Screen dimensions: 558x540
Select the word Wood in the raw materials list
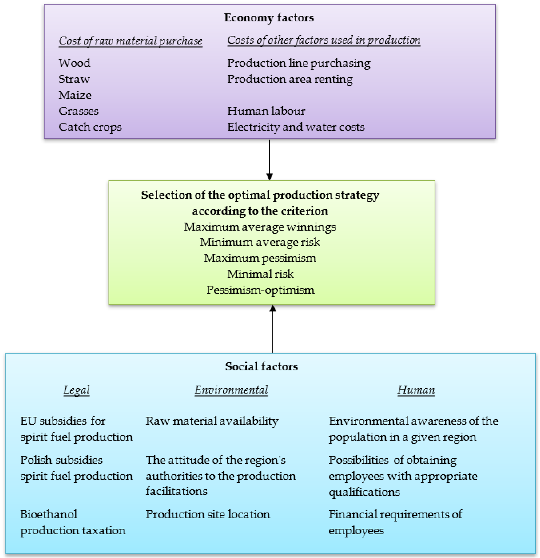pos(74,63)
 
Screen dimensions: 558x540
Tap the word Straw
pos(74,79)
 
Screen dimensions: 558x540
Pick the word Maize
pos(75,95)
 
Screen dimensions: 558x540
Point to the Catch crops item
pos(90,127)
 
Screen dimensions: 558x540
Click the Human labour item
pos(266,111)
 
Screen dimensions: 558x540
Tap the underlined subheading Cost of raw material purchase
pos(130,41)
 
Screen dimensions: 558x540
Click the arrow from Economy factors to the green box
pos(269,159)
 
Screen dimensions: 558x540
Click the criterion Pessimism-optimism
pos(260,290)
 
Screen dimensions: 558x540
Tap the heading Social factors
pos(261,366)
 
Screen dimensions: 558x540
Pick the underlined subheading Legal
pos(76,390)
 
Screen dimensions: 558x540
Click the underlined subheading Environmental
pos(231,390)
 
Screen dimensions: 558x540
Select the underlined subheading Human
pos(416,390)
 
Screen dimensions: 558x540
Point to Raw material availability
pos(212,421)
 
